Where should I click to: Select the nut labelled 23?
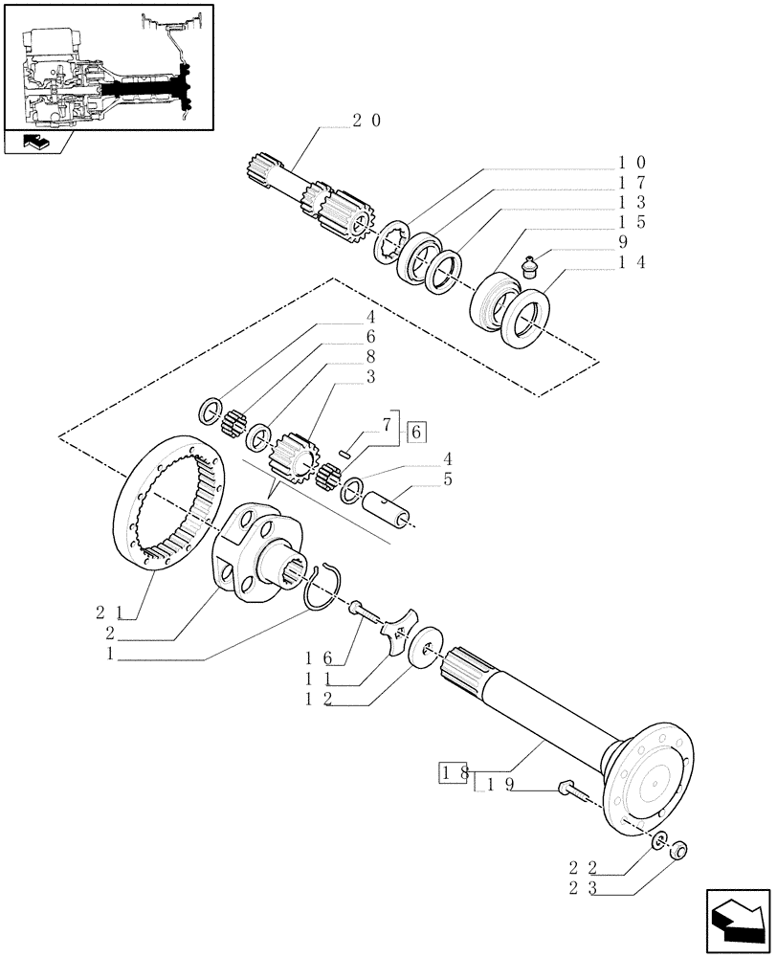[678, 848]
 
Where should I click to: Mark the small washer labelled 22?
[659, 840]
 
